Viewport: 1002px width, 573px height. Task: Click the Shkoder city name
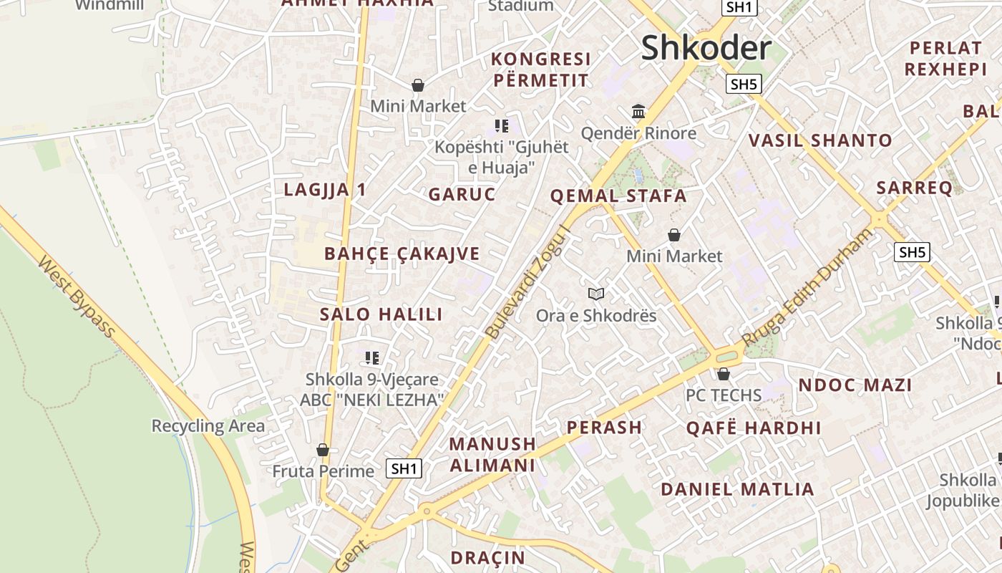click(706, 49)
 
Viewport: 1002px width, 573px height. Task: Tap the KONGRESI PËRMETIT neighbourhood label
click(541, 69)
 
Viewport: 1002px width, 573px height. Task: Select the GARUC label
click(462, 194)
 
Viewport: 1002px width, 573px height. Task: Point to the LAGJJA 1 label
click(325, 190)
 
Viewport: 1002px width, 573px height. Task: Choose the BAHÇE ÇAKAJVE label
click(402, 254)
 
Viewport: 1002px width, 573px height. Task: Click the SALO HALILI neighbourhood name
click(381, 314)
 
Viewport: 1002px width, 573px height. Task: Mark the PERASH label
click(604, 428)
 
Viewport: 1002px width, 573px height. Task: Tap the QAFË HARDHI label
click(753, 428)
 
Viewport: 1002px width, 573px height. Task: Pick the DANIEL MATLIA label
click(737, 490)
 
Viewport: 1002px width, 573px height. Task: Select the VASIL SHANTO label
click(820, 140)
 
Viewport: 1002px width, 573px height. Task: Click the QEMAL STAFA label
click(618, 196)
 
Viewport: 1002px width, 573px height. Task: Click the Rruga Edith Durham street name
click(808, 286)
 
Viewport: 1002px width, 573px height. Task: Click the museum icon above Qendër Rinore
click(638, 111)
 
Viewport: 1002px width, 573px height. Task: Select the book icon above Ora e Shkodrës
click(596, 294)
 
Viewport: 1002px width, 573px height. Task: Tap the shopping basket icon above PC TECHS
click(723, 374)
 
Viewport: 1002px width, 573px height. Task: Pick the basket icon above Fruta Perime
click(323, 450)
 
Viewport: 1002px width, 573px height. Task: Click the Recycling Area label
click(208, 426)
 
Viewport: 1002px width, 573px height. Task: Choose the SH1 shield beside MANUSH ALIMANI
click(404, 468)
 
